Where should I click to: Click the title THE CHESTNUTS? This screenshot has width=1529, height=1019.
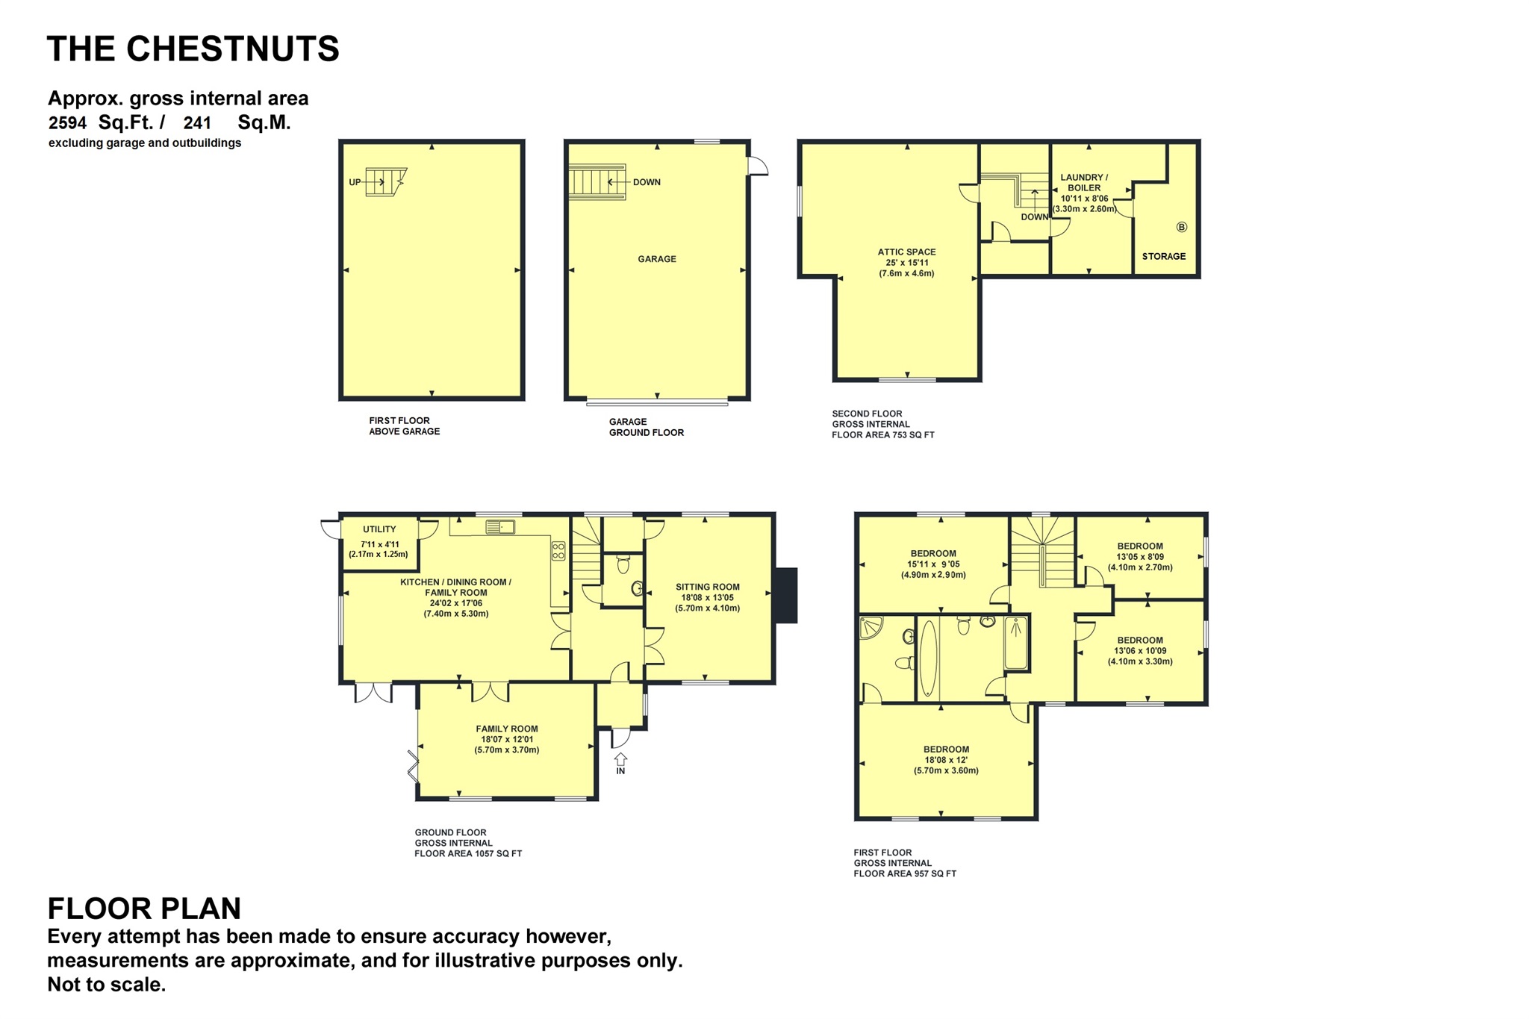(x=193, y=49)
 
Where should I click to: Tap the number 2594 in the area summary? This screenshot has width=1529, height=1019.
(x=68, y=123)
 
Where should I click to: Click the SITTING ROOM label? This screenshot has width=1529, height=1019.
(x=707, y=587)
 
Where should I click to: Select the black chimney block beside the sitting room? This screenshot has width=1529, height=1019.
(x=785, y=595)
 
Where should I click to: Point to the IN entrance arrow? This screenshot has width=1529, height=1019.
(x=620, y=764)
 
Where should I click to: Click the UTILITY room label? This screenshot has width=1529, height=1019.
(x=379, y=529)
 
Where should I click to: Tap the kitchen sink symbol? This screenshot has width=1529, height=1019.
(x=500, y=528)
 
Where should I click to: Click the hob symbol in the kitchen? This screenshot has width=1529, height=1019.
(x=558, y=552)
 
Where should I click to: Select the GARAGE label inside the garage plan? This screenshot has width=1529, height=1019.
(x=657, y=259)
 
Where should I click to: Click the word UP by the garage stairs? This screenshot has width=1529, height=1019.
(x=355, y=182)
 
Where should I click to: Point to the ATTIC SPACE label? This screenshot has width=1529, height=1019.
(x=906, y=252)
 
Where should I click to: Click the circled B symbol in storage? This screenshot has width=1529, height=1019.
(x=1181, y=227)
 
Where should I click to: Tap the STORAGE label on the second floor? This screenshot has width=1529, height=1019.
(x=1163, y=256)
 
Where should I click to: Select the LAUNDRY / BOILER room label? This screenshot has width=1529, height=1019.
(x=1084, y=183)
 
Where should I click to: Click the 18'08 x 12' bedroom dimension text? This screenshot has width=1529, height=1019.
(x=946, y=760)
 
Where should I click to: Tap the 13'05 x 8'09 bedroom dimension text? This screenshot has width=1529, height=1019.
(x=1140, y=557)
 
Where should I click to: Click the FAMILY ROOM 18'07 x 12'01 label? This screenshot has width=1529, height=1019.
(x=506, y=739)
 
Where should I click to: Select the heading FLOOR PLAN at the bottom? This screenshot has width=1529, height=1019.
(x=144, y=909)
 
